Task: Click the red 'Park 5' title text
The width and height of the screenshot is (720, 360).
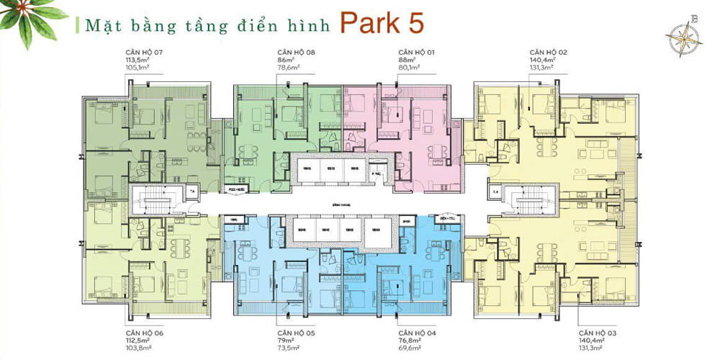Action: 382,22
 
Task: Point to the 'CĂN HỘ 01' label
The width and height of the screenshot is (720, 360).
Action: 415,53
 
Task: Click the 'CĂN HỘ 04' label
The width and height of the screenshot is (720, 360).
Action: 415,333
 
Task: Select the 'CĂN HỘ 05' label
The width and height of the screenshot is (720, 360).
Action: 294,333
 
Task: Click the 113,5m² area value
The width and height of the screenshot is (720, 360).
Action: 135,61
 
